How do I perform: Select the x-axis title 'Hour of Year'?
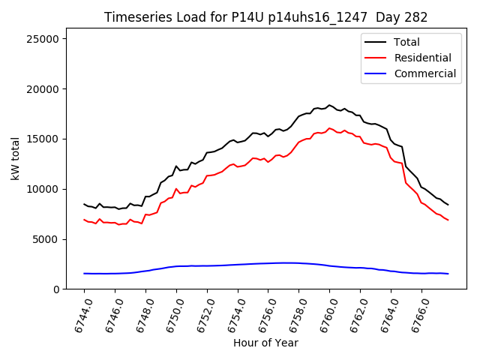pos(265,343)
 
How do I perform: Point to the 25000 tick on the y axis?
pos(46,39)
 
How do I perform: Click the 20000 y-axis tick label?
pos(46,89)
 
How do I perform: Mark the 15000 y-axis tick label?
pos(46,139)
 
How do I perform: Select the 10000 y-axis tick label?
pos(46,189)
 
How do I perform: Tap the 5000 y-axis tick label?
pos(49,239)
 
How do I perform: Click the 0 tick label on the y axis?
pos(58,289)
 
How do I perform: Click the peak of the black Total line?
pos(329,105)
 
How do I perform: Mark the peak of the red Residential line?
pos(329,128)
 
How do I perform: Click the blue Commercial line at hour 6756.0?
pos(268,263)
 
